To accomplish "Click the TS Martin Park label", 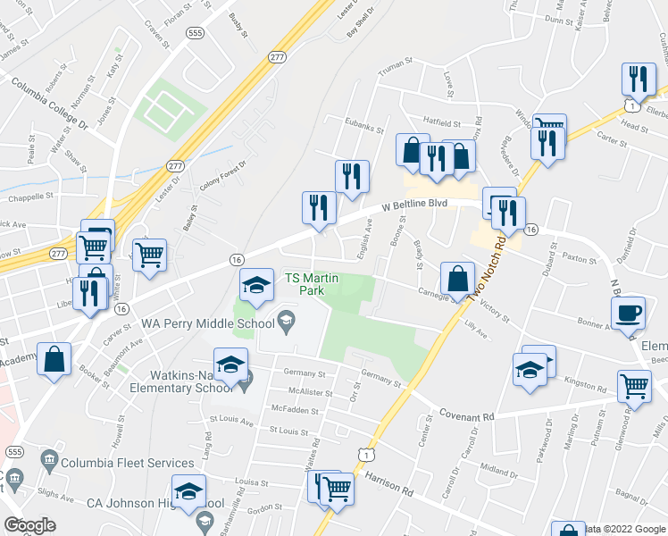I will point(312,284).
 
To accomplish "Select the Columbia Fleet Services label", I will point(128,463).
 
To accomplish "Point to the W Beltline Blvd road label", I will point(414,205).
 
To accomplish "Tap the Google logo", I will point(29,524).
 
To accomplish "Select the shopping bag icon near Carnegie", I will point(457,278).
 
